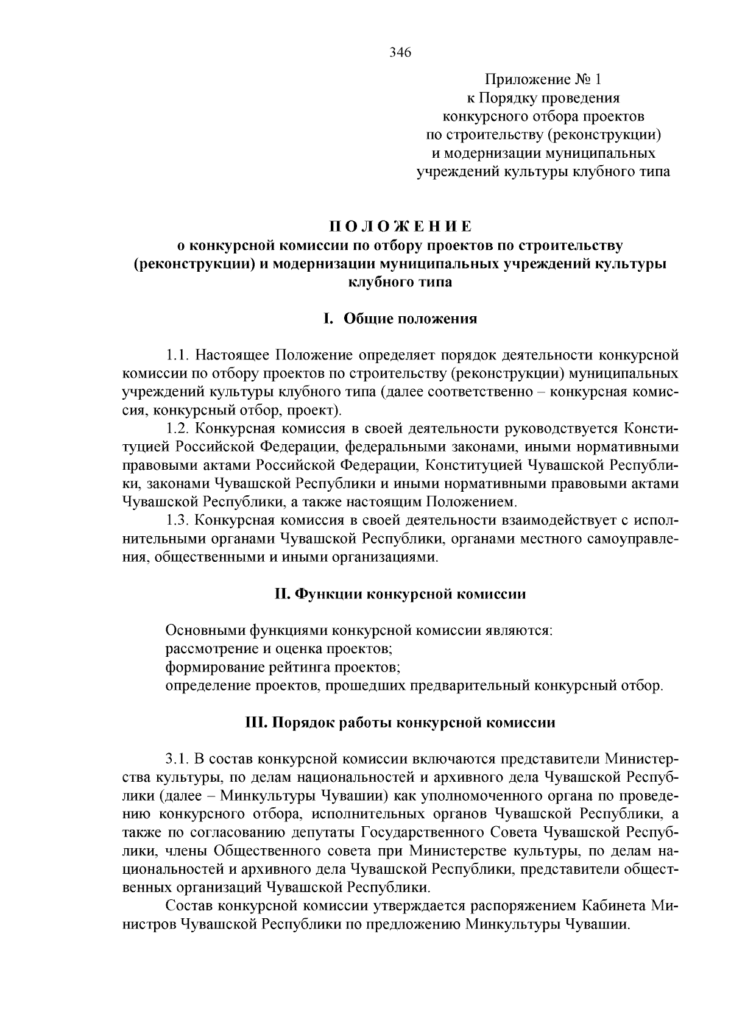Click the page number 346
(400, 52)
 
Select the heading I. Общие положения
(400, 319)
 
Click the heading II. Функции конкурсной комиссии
(400, 593)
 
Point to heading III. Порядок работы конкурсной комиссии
(400, 723)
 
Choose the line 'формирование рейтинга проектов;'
(283, 667)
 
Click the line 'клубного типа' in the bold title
(400, 282)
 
